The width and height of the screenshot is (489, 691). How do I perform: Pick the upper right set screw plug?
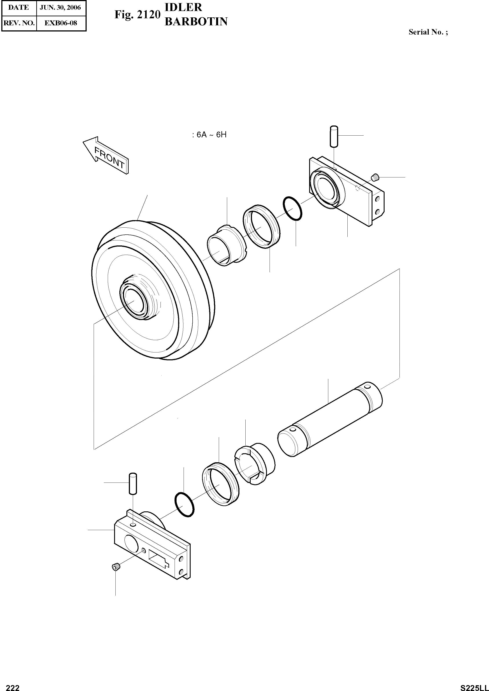point(375,178)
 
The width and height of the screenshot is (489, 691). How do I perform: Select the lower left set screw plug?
point(116,567)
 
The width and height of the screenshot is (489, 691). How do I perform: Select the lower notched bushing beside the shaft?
point(254,464)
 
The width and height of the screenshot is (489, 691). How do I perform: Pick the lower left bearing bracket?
point(152,546)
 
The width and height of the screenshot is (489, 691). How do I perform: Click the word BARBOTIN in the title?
point(196,22)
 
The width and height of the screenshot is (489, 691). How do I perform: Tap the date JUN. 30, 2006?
point(60,7)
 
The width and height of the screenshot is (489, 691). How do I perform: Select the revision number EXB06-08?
point(60,23)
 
